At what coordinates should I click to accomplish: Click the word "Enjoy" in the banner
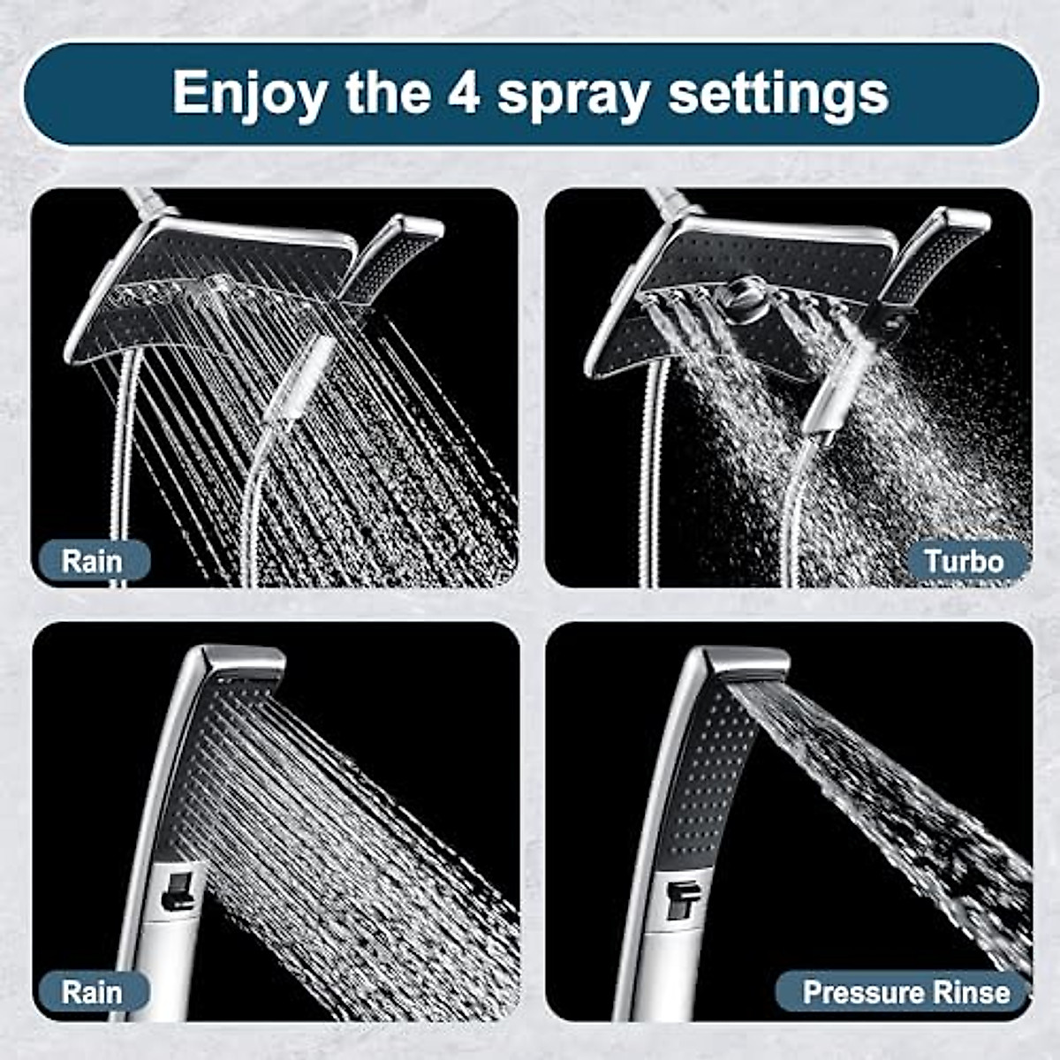tap(250, 93)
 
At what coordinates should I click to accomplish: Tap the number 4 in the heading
tap(464, 91)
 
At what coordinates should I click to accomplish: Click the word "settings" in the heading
tap(777, 93)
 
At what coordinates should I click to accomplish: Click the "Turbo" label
tap(964, 561)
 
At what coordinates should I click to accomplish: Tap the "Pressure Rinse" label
tap(906, 991)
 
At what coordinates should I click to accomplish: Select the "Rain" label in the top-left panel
tap(92, 561)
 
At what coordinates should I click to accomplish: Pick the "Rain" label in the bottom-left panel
tap(92, 991)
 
